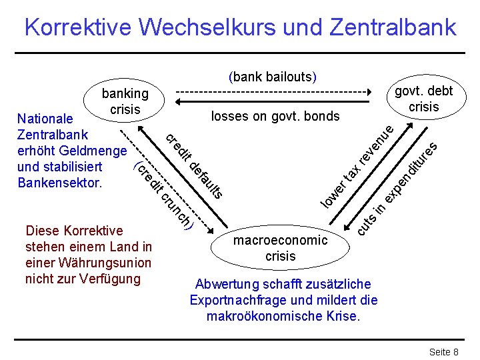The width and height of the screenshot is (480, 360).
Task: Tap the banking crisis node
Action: tap(125, 101)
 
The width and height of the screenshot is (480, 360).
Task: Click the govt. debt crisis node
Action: tap(423, 99)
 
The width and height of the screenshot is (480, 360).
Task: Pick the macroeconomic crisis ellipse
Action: tap(280, 247)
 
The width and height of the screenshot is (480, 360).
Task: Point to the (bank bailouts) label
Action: tap(272, 77)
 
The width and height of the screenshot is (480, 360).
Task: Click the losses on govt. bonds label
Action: tap(275, 117)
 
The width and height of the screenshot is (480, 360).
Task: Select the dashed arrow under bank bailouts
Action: tap(272, 91)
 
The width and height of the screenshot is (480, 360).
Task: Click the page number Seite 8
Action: tap(443, 351)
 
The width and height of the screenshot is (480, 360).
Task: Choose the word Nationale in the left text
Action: tap(45, 119)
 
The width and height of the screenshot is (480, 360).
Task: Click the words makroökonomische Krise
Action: tap(283, 316)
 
